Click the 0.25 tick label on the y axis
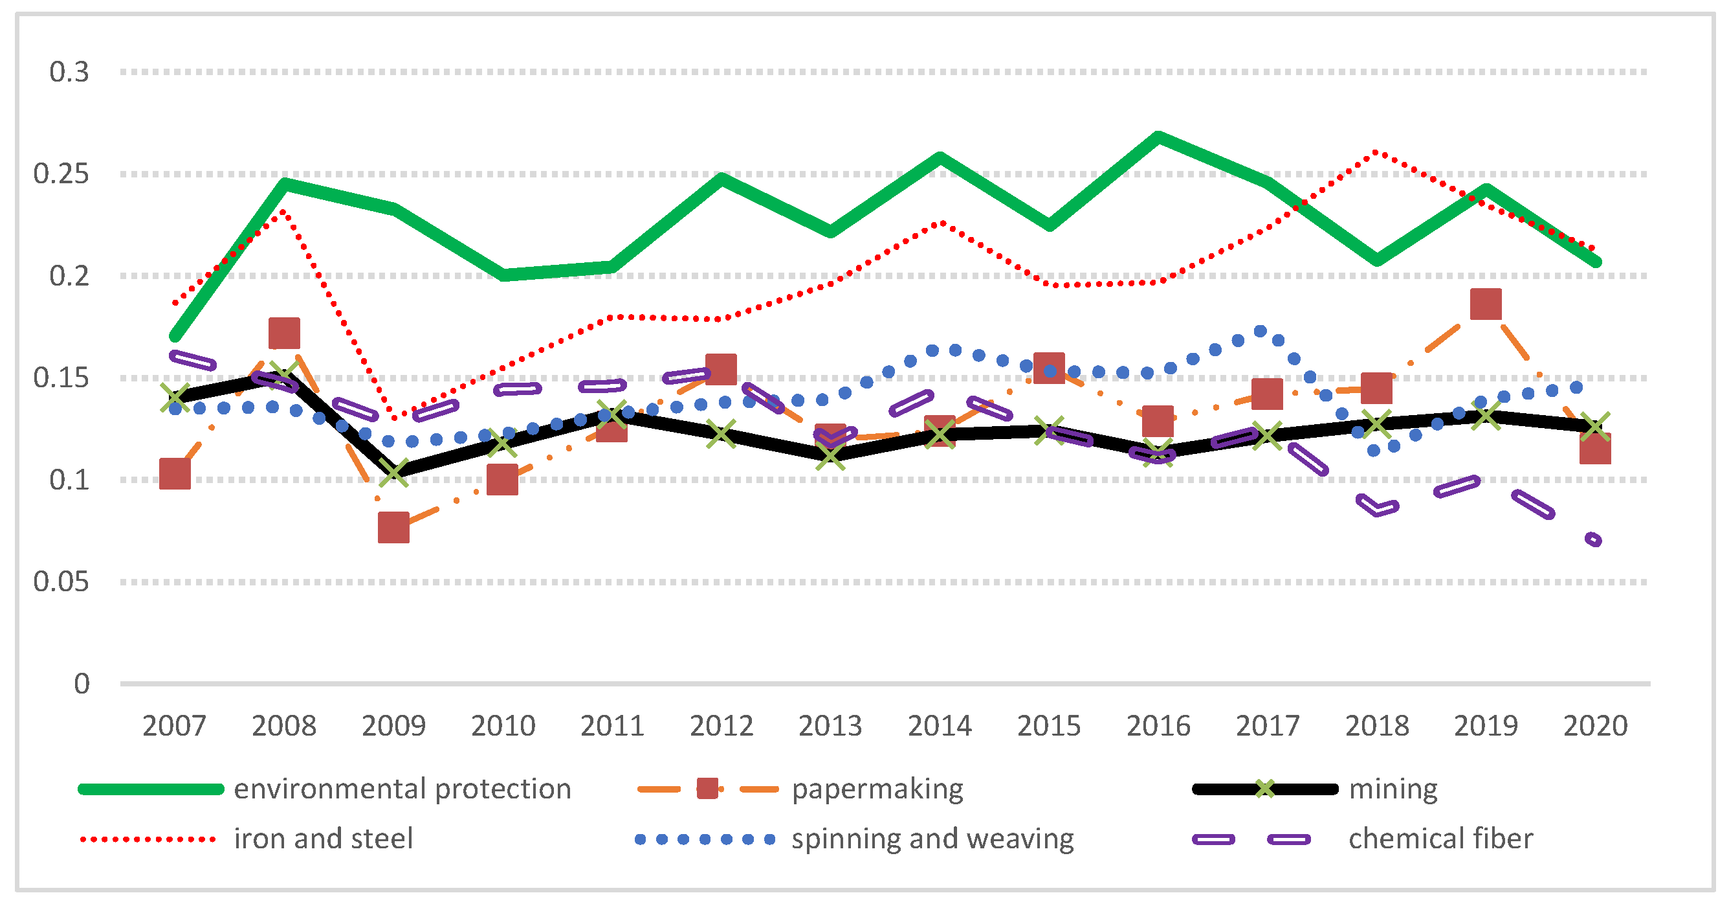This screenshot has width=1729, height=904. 61,174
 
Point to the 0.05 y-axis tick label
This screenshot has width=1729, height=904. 61,582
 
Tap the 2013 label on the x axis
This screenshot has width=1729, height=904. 830,726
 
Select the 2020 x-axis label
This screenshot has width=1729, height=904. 1596,726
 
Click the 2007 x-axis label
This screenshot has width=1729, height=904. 175,726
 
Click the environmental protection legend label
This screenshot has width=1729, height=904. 402,789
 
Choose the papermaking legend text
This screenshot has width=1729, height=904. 877,789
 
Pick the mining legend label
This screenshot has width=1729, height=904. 1393,789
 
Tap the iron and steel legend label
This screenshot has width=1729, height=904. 324,839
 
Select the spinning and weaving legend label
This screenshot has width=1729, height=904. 932,839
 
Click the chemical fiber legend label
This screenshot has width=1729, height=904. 1441,839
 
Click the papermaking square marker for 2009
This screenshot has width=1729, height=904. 393,527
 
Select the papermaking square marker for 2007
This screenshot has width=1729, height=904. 175,474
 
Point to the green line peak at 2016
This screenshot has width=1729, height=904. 1158,137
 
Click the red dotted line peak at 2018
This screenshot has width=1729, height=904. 1376,152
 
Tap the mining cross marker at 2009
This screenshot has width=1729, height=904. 393,472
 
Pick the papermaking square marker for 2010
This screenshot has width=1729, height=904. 503,479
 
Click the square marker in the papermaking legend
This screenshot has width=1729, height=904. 707,789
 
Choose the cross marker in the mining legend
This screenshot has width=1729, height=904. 1264,789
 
